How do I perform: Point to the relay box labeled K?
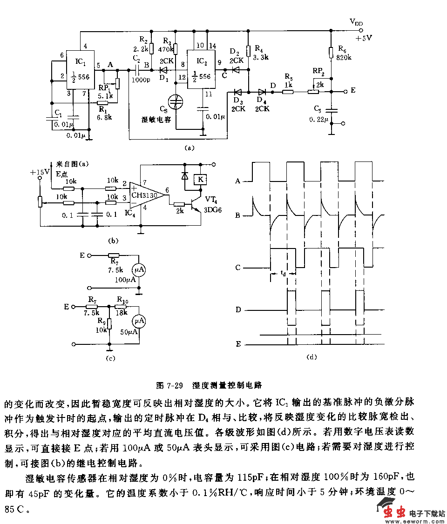tap(201, 179)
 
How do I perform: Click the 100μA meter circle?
tap(139, 270)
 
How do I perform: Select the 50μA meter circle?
tap(138, 321)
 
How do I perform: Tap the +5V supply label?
tap(363, 38)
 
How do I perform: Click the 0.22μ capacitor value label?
tap(319, 120)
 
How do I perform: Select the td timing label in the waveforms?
tap(284, 274)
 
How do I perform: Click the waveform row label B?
tap(238, 215)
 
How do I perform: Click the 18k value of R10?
tap(122, 312)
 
